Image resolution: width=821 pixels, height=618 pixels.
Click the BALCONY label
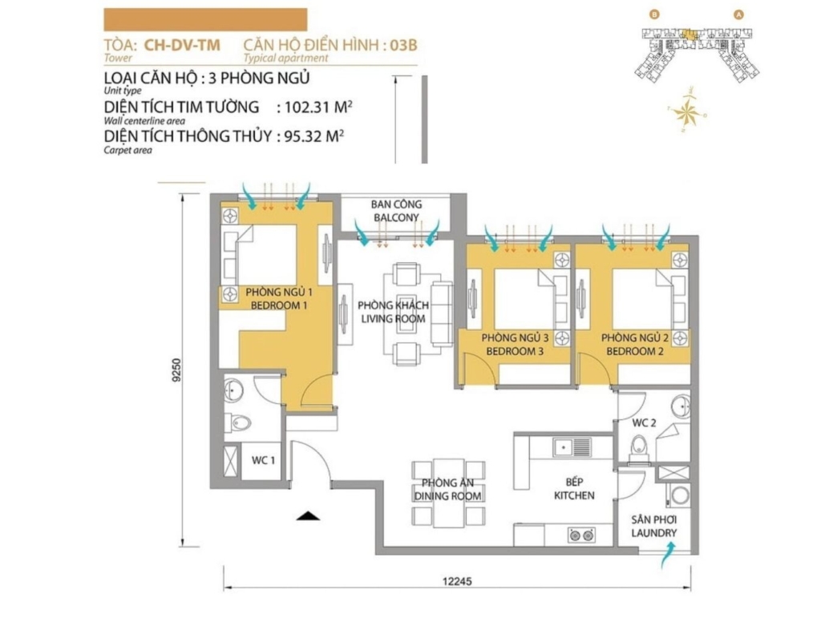[396, 217]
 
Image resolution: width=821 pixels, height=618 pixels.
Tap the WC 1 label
[263, 460]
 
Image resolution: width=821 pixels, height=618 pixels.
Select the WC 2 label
[644, 422]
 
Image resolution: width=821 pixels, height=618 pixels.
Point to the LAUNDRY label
[654, 533]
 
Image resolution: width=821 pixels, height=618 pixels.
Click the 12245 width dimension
[457, 581]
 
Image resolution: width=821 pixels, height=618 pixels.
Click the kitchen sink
[572, 447]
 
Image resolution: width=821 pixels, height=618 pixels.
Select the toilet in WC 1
[238, 422]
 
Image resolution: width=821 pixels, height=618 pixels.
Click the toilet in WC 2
[639, 449]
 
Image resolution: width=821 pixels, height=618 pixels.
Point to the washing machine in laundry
[680, 495]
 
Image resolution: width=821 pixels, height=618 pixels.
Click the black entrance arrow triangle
[308, 515]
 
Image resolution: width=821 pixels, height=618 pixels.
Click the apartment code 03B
[403, 45]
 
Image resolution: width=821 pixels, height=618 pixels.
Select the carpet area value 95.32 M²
[313, 136]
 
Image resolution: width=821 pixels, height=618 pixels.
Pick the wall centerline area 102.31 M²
[317, 107]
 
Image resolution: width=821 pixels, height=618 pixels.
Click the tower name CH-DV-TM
[182, 45]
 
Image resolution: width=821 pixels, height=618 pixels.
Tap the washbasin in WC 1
[233, 390]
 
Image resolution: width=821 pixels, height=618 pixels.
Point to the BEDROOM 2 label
[635, 352]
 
